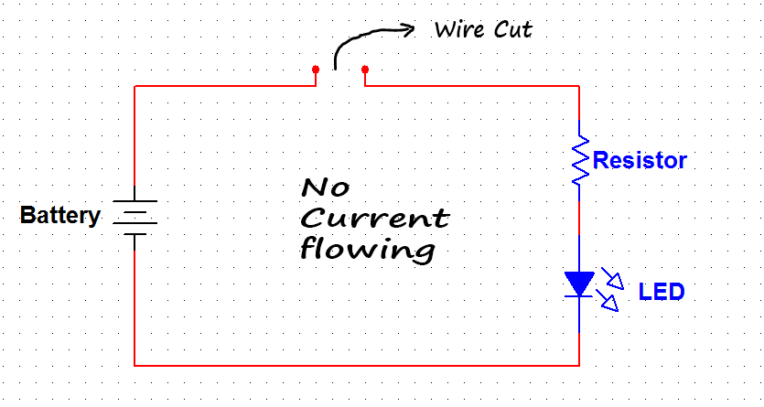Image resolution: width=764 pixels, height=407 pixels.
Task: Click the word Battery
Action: [59, 217]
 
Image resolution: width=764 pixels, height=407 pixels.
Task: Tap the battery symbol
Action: [135, 217]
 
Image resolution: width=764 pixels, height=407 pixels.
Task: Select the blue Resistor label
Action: [640, 161]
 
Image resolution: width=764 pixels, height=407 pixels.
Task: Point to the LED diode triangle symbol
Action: [579, 284]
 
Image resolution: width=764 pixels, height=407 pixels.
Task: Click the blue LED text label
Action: [661, 293]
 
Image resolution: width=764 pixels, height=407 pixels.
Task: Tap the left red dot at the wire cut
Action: [316, 70]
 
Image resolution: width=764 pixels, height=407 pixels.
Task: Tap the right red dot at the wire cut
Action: [365, 70]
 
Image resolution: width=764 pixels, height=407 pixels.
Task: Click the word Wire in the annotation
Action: [459, 29]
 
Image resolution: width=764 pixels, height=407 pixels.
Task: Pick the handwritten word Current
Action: [375, 220]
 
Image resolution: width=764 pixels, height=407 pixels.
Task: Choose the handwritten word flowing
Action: [367, 250]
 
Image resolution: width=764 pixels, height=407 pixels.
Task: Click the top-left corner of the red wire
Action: [135, 87]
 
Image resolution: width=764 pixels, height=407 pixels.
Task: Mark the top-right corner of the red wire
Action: [578, 87]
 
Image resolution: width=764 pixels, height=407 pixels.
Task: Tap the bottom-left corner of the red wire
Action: [135, 365]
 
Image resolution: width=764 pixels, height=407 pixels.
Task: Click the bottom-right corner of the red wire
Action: [578, 365]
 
